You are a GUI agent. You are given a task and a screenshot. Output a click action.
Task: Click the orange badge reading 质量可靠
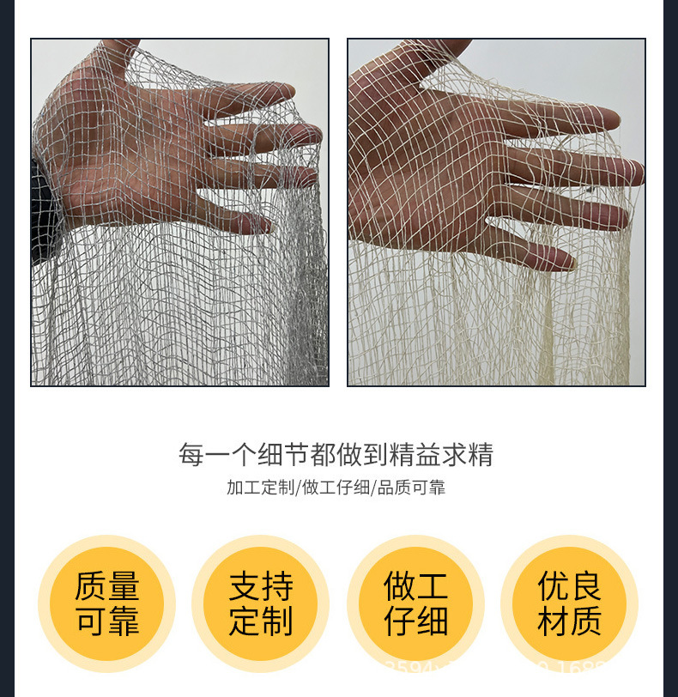(106, 603)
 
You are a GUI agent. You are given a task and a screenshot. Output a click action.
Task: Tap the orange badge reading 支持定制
(261, 603)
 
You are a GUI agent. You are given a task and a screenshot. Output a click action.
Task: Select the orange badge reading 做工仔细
(415, 603)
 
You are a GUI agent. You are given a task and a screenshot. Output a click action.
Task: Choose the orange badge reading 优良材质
(570, 603)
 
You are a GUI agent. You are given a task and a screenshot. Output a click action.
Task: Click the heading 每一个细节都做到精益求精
(336, 454)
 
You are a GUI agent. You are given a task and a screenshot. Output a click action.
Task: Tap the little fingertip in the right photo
(558, 258)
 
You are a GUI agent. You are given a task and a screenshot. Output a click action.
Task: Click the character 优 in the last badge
(554, 587)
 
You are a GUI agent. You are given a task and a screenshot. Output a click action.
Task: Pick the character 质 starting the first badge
(90, 587)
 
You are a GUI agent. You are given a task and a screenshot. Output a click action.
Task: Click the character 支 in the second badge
(245, 587)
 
